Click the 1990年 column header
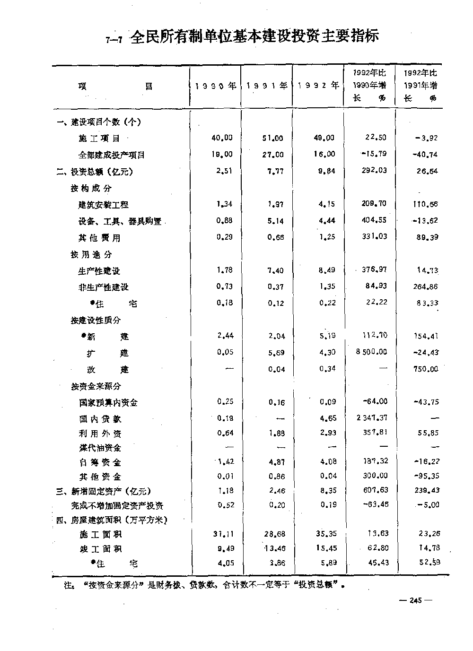coord(216,86)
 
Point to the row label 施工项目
coord(99,139)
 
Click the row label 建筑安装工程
coord(103,205)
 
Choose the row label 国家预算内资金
coord(108,403)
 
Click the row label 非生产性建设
coord(103,287)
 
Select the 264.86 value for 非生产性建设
coord(425,286)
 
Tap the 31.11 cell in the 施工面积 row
coord(222,534)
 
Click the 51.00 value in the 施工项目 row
coord(273,139)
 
